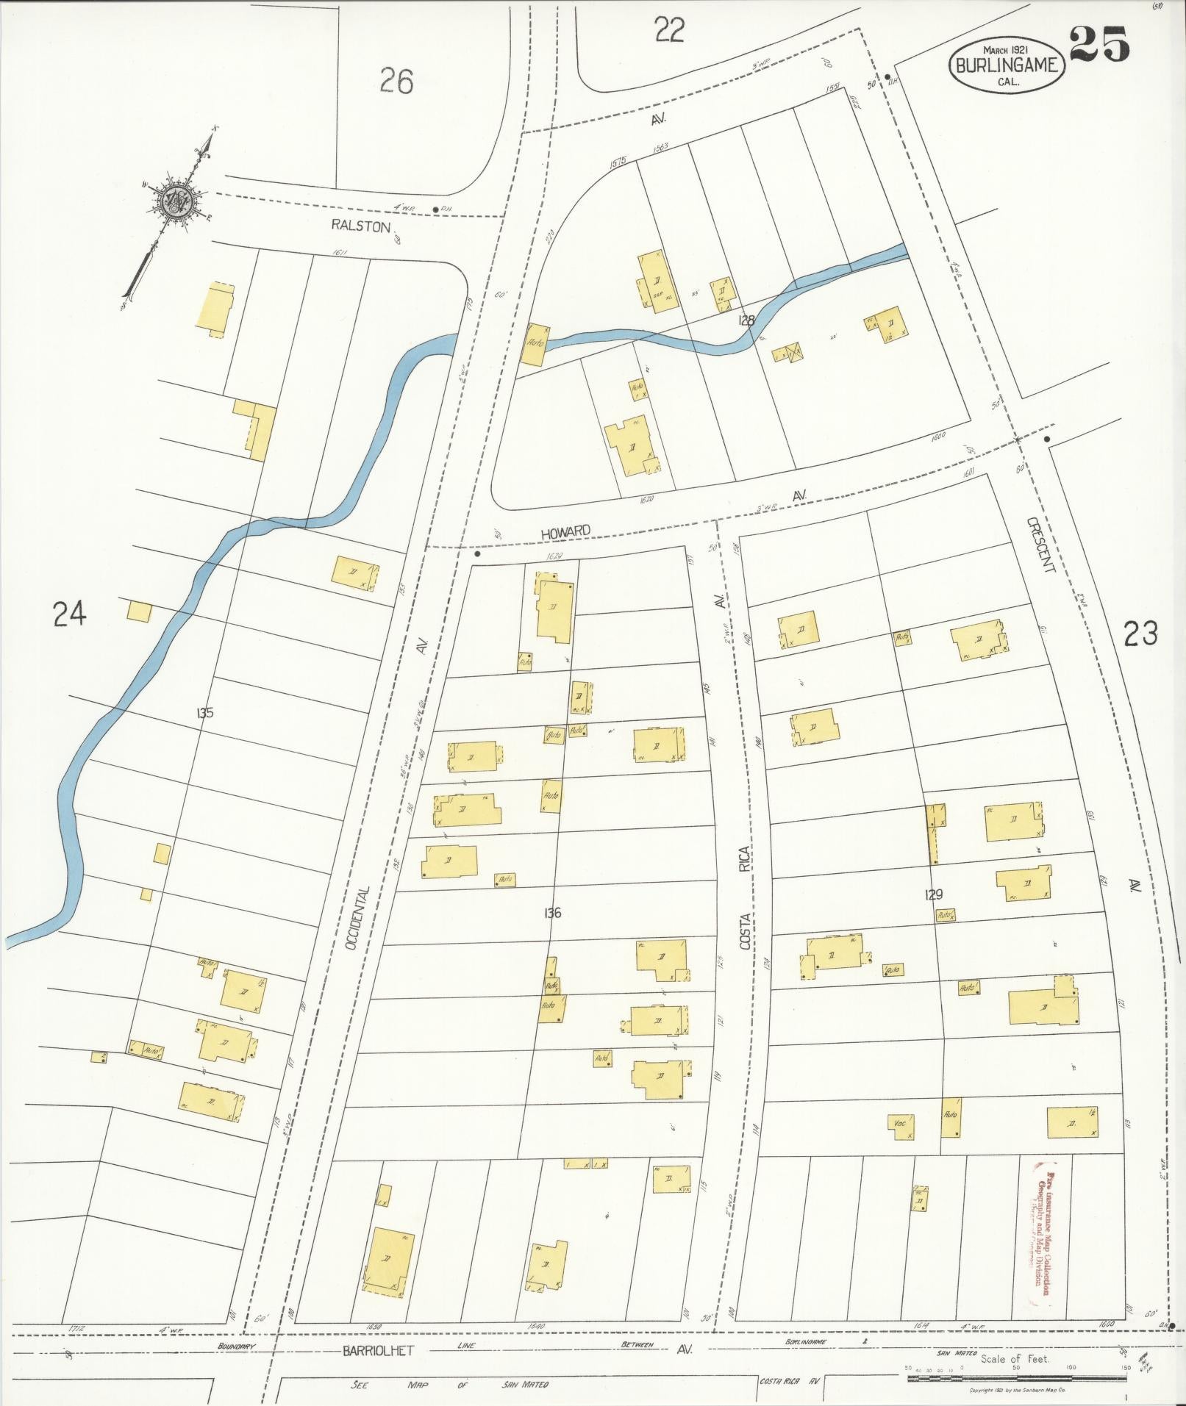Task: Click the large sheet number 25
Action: click(x=1099, y=46)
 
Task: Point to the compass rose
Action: click(x=176, y=198)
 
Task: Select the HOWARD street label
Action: click(x=565, y=531)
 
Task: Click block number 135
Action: click(x=205, y=712)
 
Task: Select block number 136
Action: click(x=552, y=913)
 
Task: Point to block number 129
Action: click(x=934, y=894)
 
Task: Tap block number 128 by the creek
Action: click(x=748, y=320)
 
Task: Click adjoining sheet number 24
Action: click(x=70, y=614)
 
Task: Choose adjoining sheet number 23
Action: click(x=1140, y=633)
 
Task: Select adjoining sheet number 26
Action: click(x=396, y=81)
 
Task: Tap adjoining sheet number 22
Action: click(x=669, y=31)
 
